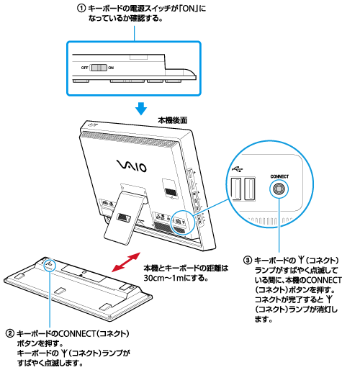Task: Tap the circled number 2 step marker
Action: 9,334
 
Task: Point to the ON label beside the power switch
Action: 110,66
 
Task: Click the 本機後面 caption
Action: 173,121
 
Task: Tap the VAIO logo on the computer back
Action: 130,167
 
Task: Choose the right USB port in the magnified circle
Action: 251,189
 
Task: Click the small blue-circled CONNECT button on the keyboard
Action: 50,266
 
